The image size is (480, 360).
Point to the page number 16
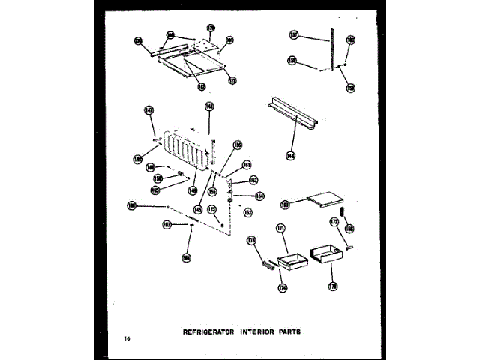[128, 340]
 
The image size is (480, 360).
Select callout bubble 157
[294, 34]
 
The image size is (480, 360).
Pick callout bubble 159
[351, 87]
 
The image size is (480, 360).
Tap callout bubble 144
[290, 156]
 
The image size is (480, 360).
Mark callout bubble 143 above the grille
[209, 107]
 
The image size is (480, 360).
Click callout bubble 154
[259, 196]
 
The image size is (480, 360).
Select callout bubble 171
[281, 227]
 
